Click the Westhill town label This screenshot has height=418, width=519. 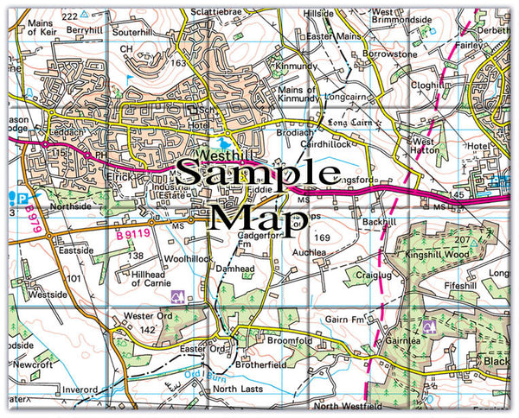[223, 155]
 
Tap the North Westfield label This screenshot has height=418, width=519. [348, 405]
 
